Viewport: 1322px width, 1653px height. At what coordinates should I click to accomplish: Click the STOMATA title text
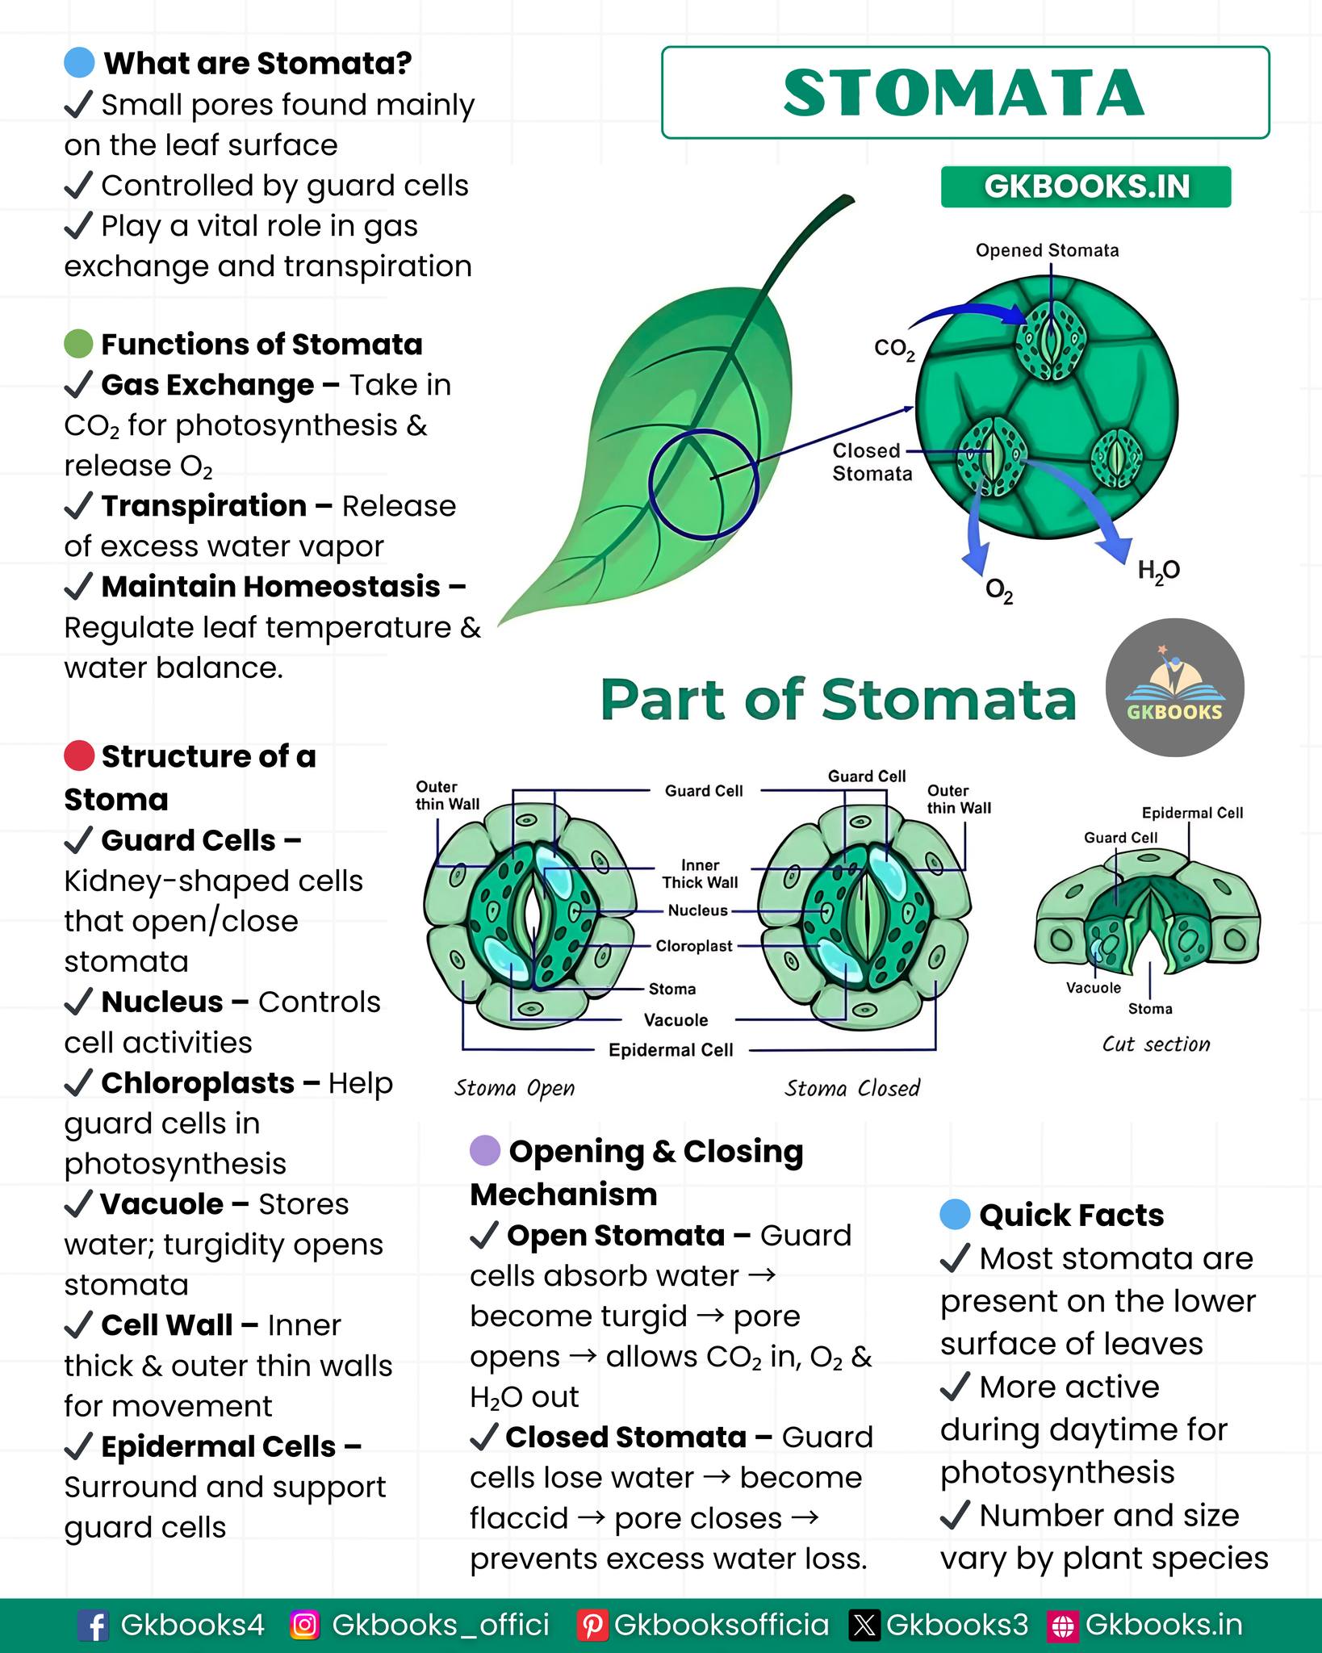(964, 93)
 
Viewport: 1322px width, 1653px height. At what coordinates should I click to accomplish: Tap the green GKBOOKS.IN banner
(1086, 186)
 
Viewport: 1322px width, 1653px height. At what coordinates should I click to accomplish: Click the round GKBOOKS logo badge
(1174, 688)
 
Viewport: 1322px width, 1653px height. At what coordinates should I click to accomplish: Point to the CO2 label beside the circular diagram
(894, 349)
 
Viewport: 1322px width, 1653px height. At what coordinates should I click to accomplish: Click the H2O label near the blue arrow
(1159, 571)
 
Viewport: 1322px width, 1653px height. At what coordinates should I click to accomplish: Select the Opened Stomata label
(1047, 250)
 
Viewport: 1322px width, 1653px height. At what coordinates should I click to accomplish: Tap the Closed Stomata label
(872, 462)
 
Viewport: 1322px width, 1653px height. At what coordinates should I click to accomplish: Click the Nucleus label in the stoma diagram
(698, 910)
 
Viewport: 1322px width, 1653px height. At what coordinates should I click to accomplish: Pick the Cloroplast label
(694, 945)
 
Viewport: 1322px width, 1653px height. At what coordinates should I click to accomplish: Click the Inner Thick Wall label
(700, 874)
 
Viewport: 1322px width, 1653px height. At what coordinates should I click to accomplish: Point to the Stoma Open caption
(515, 1088)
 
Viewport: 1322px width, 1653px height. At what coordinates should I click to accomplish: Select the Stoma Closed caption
(852, 1088)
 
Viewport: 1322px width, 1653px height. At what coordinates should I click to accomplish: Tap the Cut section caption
(1157, 1044)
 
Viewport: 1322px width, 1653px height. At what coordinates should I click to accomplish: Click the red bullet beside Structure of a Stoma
(79, 756)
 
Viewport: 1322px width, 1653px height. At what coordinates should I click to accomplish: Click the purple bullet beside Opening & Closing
(485, 1151)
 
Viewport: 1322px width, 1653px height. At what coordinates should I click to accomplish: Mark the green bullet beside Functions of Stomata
(79, 344)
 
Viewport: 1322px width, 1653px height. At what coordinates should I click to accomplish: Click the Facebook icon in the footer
(93, 1626)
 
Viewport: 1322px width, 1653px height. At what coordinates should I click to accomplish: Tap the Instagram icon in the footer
(305, 1625)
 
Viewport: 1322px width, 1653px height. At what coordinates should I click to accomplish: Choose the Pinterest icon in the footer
(592, 1626)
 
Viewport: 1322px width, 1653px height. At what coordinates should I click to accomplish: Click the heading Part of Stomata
(839, 699)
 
